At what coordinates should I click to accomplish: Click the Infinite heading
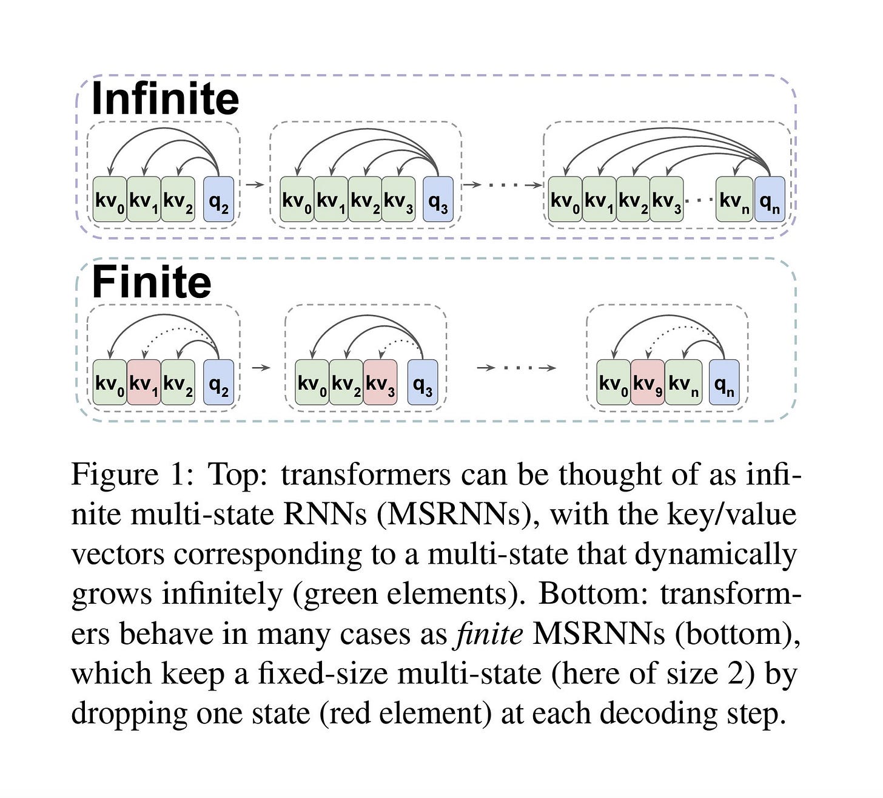click(165, 99)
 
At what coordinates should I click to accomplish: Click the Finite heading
click(151, 283)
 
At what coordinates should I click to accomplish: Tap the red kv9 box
click(648, 382)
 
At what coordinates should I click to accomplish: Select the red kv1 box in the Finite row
click(144, 382)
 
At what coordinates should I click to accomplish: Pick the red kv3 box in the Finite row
click(380, 382)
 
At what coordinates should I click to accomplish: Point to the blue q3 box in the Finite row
click(422, 382)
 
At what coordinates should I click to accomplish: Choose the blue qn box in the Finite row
click(724, 382)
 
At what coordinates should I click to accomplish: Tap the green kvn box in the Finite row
click(683, 382)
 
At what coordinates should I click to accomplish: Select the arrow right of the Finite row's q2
click(260, 368)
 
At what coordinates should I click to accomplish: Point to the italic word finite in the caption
click(489, 634)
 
